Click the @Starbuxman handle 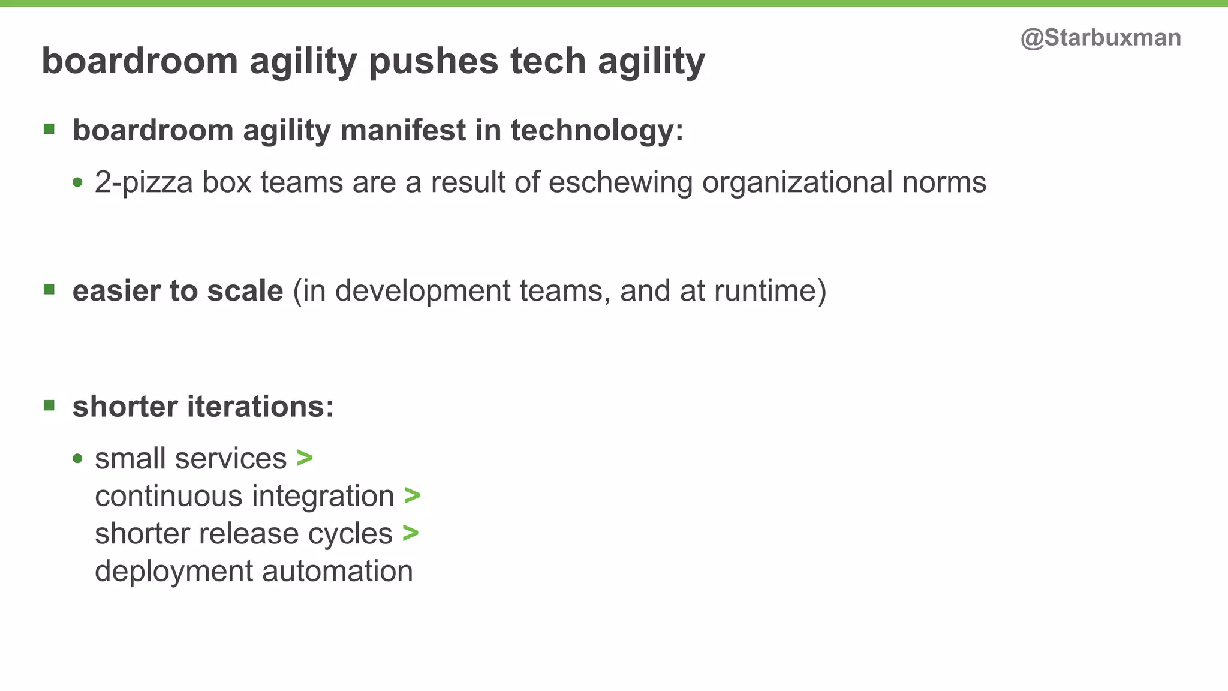pos(1100,38)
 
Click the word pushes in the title pos(434,61)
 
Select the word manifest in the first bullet pos(403,130)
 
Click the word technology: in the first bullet pos(597,130)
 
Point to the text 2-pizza pos(143,182)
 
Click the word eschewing pos(620,182)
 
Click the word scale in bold pos(245,291)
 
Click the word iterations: pos(260,407)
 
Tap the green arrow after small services pos(305,458)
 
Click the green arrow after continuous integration pos(412,495)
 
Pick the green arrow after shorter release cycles pos(411,533)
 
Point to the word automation pos(338,571)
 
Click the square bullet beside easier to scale pos(49,290)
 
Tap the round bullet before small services pos(77,459)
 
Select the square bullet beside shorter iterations pos(49,406)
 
